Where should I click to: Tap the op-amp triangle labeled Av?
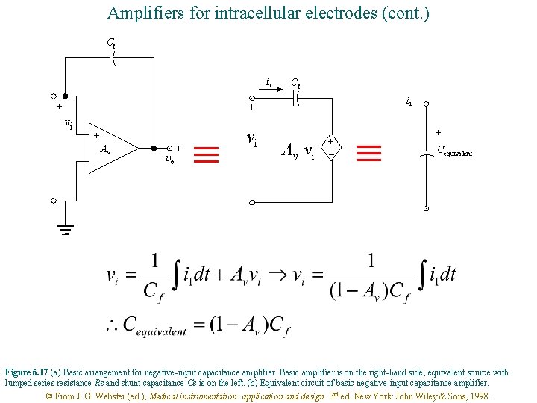(x=113, y=148)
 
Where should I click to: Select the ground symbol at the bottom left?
(x=65, y=228)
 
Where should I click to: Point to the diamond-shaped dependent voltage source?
(x=330, y=146)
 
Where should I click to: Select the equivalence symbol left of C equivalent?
(x=369, y=154)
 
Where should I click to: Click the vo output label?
(x=169, y=160)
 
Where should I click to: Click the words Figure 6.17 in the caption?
(x=26, y=372)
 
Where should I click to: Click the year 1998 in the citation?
(x=478, y=396)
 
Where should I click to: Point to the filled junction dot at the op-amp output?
(x=152, y=148)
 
